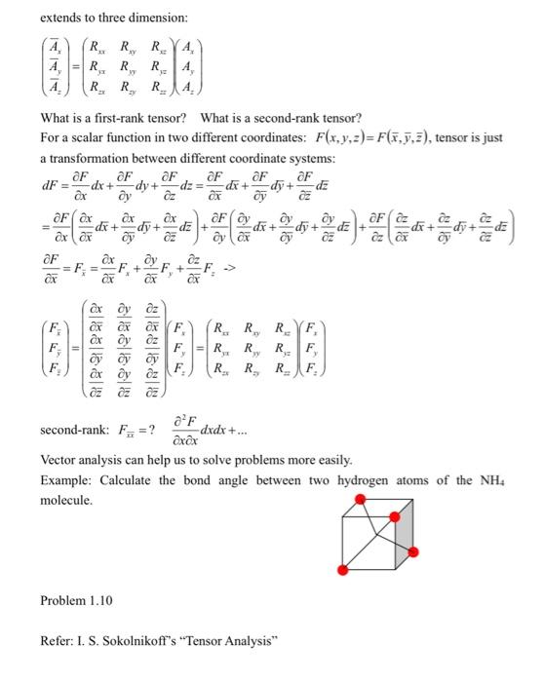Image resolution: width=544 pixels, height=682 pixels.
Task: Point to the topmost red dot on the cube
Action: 362,500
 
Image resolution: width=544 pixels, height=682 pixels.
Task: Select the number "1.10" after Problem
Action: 99,600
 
